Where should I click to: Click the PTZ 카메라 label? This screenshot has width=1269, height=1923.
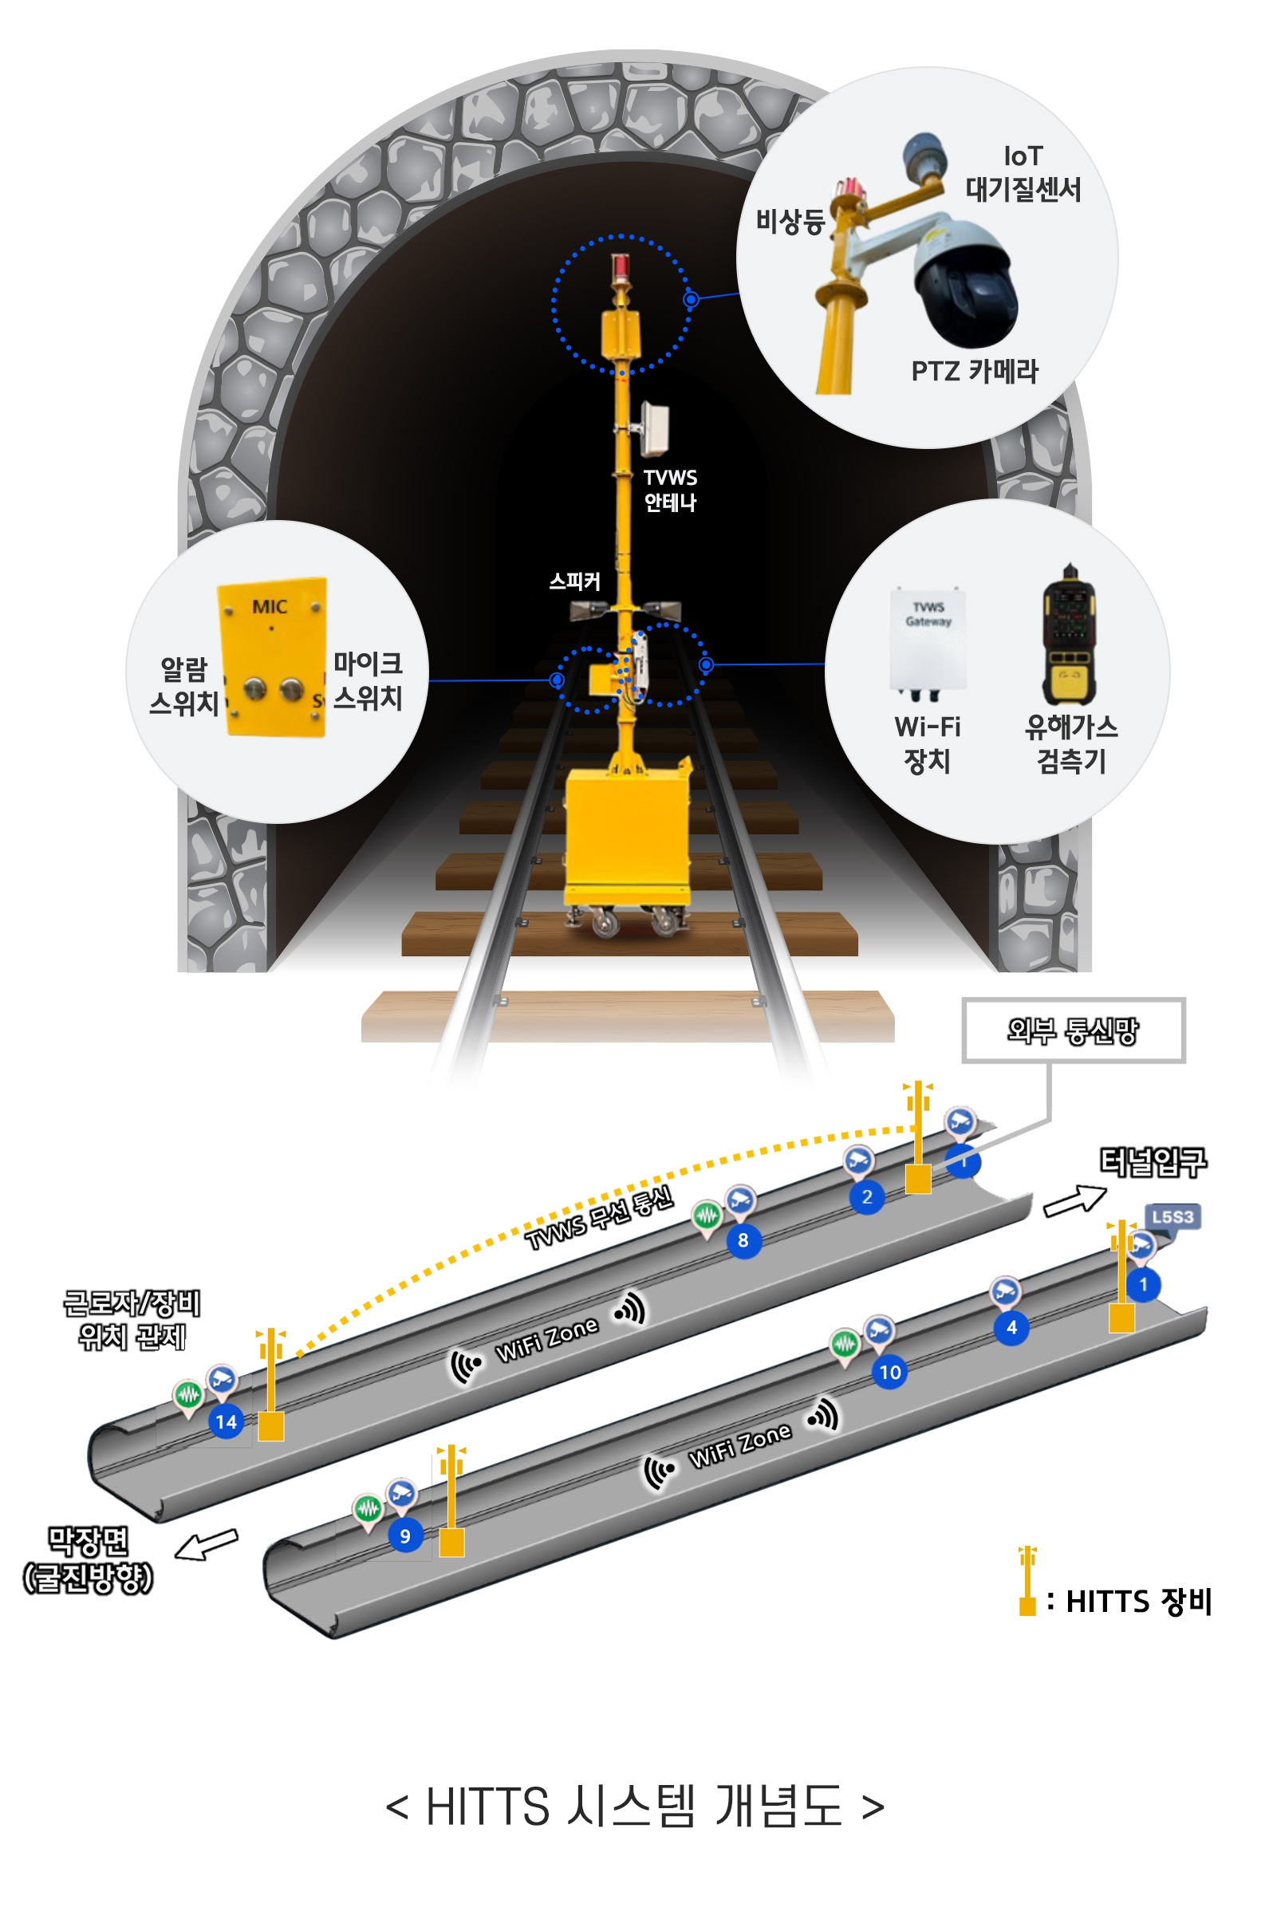974,372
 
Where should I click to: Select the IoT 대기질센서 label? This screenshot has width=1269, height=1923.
1023,173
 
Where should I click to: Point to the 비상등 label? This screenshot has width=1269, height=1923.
789,221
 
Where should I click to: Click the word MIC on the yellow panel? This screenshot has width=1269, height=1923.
270,606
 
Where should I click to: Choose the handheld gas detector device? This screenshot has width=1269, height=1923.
1068,635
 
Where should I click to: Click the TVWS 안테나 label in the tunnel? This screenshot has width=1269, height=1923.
669,490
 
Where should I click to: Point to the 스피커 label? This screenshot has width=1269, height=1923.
574,581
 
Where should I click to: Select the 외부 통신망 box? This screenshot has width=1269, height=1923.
1072,1030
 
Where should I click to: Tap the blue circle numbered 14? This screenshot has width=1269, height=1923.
226,1422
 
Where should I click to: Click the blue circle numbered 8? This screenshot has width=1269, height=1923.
743,1241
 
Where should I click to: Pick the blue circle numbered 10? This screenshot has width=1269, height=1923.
889,1373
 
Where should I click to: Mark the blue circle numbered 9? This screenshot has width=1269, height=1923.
404,1536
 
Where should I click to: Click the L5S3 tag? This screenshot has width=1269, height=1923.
1172,1217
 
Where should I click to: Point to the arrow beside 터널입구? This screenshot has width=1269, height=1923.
1074,1201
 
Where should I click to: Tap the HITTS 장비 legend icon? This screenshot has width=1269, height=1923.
1027,1581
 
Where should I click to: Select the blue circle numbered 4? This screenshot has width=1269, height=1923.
1011,1328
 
